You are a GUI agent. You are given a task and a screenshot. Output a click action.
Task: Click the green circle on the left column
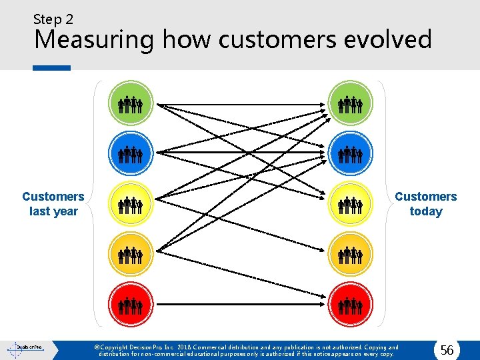131,103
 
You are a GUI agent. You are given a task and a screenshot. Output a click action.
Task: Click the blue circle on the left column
131,154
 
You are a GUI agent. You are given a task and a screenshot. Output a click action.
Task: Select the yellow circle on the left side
131,204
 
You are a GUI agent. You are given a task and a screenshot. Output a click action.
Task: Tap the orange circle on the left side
131,254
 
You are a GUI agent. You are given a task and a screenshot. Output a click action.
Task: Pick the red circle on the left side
131,305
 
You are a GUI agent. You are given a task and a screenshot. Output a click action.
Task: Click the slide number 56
447,350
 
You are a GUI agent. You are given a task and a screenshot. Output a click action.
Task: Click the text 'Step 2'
53,19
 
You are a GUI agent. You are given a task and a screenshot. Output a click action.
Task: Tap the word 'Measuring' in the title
94,41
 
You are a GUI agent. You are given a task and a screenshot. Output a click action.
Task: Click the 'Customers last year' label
53,204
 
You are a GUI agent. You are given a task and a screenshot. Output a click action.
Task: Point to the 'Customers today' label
425,204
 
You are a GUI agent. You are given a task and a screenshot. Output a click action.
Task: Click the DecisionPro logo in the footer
25,348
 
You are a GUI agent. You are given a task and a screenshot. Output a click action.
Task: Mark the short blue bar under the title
51,67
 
